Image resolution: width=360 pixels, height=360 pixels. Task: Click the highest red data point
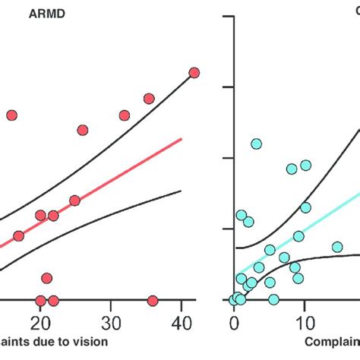(194, 72)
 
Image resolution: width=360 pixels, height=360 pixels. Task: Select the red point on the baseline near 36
(153, 301)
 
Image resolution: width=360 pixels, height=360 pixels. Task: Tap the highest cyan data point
(257, 144)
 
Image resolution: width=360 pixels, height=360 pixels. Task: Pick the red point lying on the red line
(74, 201)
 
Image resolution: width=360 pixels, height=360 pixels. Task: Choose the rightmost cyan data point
(337, 247)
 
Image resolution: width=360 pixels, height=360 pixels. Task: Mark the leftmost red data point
(11, 115)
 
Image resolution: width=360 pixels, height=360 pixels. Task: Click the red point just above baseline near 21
(46, 278)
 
